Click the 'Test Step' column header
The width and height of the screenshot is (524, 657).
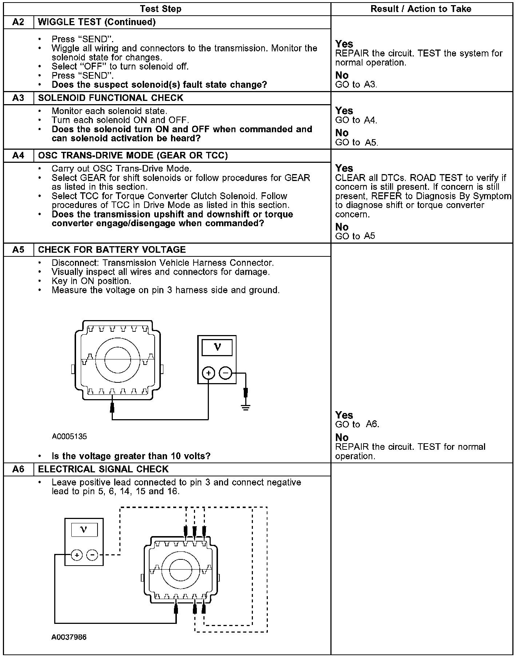[x=160, y=9]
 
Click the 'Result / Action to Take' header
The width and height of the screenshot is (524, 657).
[x=421, y=9]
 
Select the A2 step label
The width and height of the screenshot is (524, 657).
[x=18, y=22]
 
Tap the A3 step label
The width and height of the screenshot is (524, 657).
[x=18, y=98]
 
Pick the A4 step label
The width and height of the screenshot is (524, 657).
[x=18, y=156]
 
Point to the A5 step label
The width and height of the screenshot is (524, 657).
[x=18, y=250]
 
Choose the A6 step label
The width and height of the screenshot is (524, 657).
[x=18, y=469]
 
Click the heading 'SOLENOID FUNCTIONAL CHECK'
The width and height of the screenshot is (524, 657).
[x=111, y=98]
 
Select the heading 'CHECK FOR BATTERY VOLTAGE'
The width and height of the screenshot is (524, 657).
[x=112, y=250]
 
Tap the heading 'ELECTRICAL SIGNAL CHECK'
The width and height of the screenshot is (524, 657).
[x=103, y=469]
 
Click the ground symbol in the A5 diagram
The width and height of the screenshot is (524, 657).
[x=246, y=407]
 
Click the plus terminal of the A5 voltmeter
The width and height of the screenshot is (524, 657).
[x=209, y=373]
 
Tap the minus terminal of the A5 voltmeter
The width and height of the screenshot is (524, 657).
[x=226, y=373]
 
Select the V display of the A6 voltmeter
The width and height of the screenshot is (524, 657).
[x=84, y=530]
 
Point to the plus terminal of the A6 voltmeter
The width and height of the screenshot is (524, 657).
[x=76, y=555]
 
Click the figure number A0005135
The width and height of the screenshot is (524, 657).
[x=69, y=436]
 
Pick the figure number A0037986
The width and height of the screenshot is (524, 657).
[x=69, y=637]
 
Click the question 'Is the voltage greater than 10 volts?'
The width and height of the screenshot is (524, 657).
[x=131, y=456]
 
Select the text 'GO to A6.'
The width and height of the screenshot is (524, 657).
[x=357, y=424]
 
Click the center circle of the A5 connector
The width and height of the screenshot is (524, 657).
[x=118, y=359]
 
